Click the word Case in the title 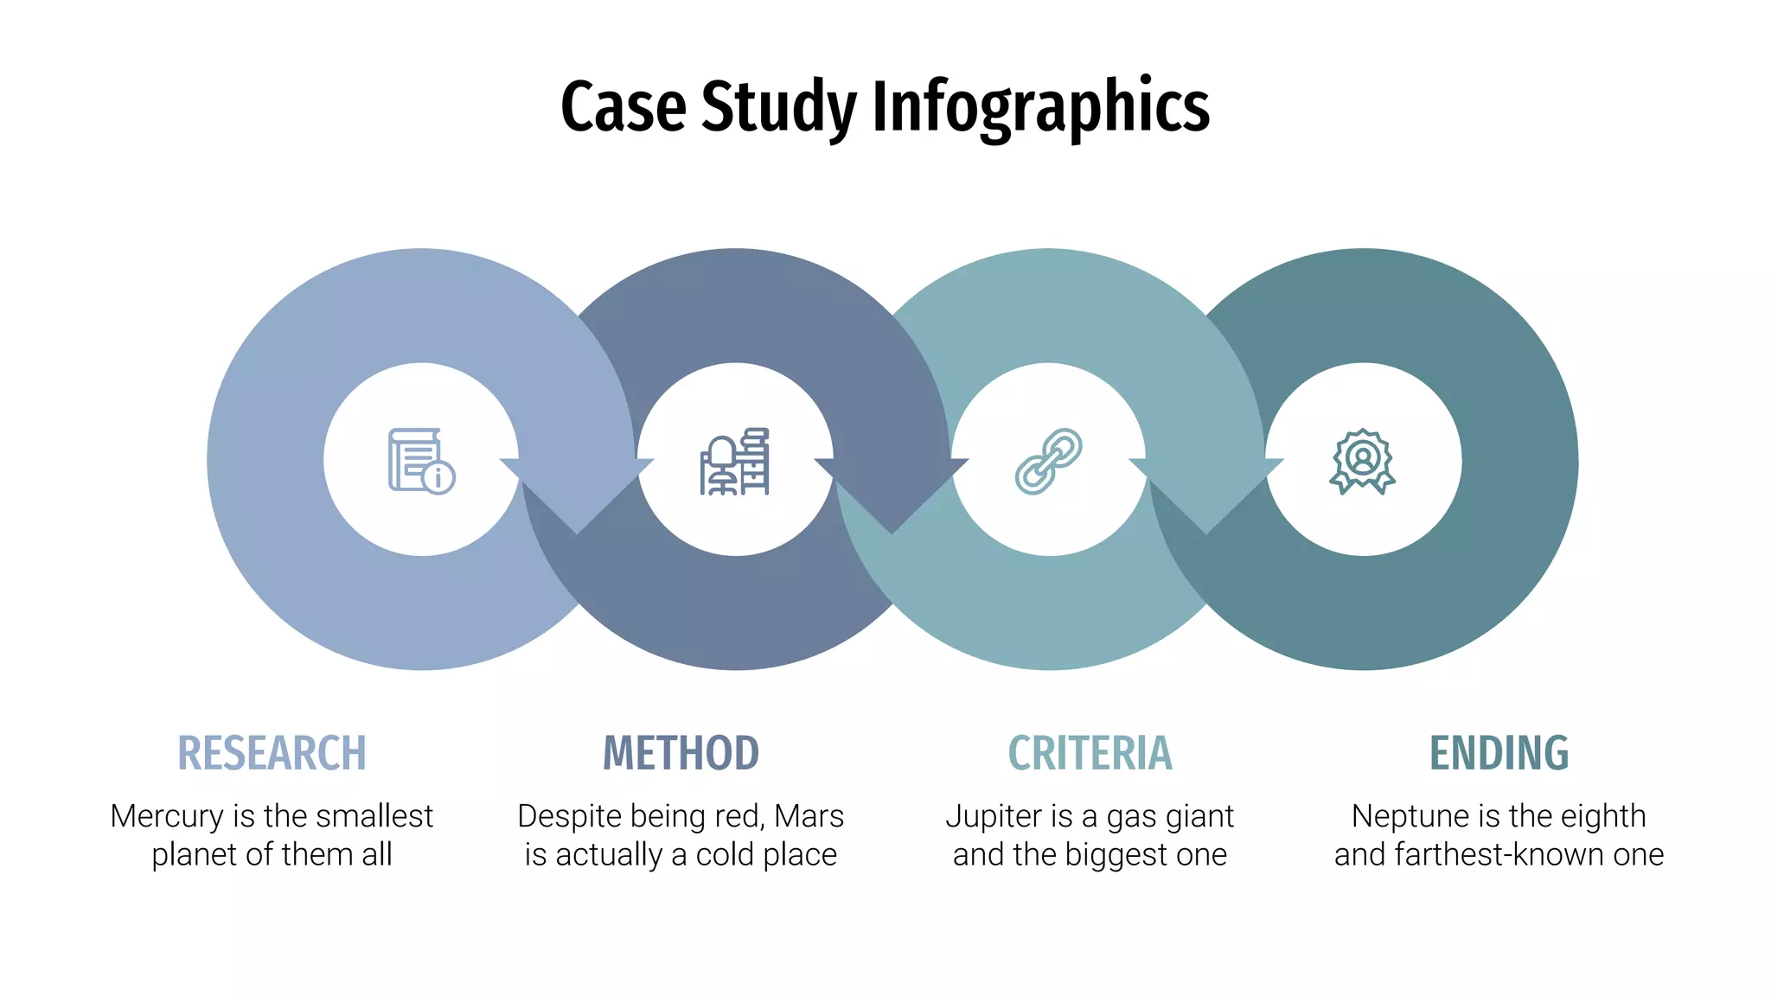point(623,106)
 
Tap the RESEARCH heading point(272,752)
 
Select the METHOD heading point(681,752)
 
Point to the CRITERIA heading point(1090,752)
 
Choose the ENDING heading point(1499,752)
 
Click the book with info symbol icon point(421,460)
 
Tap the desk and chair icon point(735,462)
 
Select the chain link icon point(1048,461)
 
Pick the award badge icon point(1363,461)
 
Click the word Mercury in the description point(167,816)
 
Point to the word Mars point(809,816)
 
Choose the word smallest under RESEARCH point(380,816)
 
